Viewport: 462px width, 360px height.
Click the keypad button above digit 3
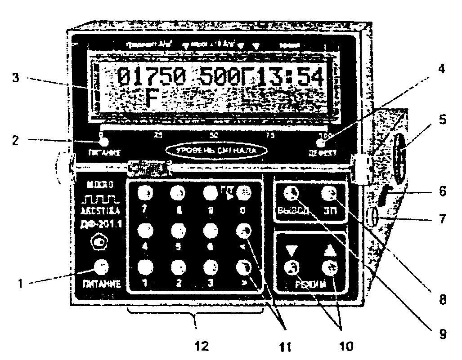click(210, 267)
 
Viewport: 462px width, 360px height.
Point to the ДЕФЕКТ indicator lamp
click(320, 143)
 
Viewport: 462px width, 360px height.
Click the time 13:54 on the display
click(295, 77)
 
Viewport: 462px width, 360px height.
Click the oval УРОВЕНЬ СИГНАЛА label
click(214, 150)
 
